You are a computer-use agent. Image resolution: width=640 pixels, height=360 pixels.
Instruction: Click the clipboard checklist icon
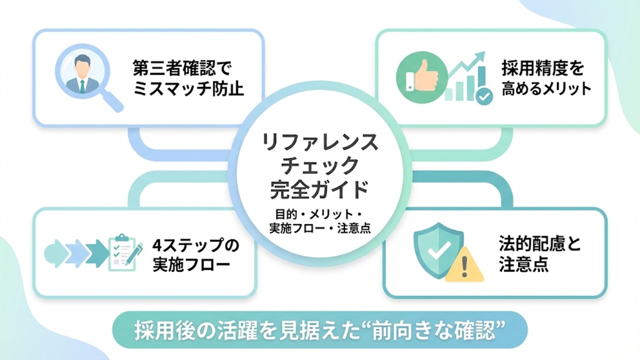pos(122,252)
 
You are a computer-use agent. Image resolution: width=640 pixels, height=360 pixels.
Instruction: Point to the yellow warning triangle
pos(464,265)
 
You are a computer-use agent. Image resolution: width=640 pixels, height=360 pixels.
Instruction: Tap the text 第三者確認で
pos(183,67)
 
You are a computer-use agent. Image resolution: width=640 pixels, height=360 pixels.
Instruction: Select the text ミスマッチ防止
pos(189,89)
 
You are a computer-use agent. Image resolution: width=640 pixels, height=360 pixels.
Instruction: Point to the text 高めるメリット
pos(546,89)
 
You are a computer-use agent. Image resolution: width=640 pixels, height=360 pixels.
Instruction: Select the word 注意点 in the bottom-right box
pos(523,264)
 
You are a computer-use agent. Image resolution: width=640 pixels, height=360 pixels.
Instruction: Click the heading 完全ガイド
pos(320,189)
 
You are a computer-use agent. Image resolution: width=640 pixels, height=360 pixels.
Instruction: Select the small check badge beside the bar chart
pos(483,96)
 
